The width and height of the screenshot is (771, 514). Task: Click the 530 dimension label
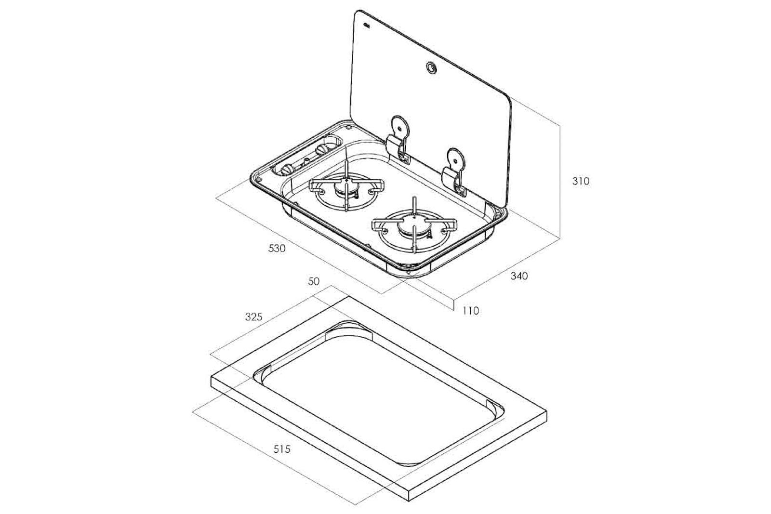pyautogui.click(x=277, y=248)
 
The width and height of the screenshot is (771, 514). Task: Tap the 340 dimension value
pyautogui.click(x=519, y=276)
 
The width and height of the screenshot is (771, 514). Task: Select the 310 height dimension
pyautogui.click(x=581, y=181)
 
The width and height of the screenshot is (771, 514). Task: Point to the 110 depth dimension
pyautogui.click(x=470, y=311)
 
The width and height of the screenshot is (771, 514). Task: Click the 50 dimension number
pyautogui.click(x=314, y=281)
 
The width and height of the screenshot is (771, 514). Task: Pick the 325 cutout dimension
pyautogui.click(x=253, y=316)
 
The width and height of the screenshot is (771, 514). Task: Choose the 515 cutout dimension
pyautogui.click(x=282, y=449)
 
